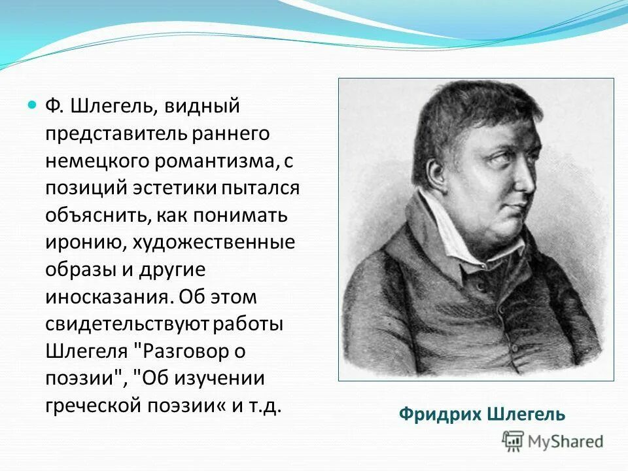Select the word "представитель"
(x=116, y=133)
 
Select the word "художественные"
(x=215, y=243)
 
